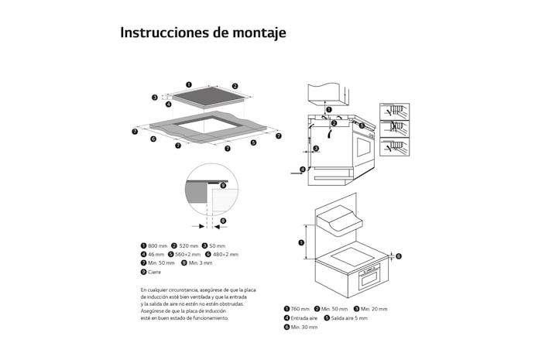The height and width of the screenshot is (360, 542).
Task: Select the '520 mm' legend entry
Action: click(189, 245)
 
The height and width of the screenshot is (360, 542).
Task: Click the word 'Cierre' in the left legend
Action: click(154, 273)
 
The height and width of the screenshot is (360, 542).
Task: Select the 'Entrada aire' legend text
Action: click(304, 318)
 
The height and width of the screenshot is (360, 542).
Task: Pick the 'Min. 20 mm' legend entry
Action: click(376, 309)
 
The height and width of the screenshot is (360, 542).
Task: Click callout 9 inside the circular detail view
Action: click(223, 185)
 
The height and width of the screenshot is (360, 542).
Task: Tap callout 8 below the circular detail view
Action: click(223, 221)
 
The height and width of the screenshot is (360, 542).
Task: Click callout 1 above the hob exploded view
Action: click(188, 84)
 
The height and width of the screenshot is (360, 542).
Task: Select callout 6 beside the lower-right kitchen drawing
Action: click(399, 255)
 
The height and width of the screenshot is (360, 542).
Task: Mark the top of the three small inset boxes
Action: click(394, 111)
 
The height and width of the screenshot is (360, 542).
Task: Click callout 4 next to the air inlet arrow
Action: click(303, 167)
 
